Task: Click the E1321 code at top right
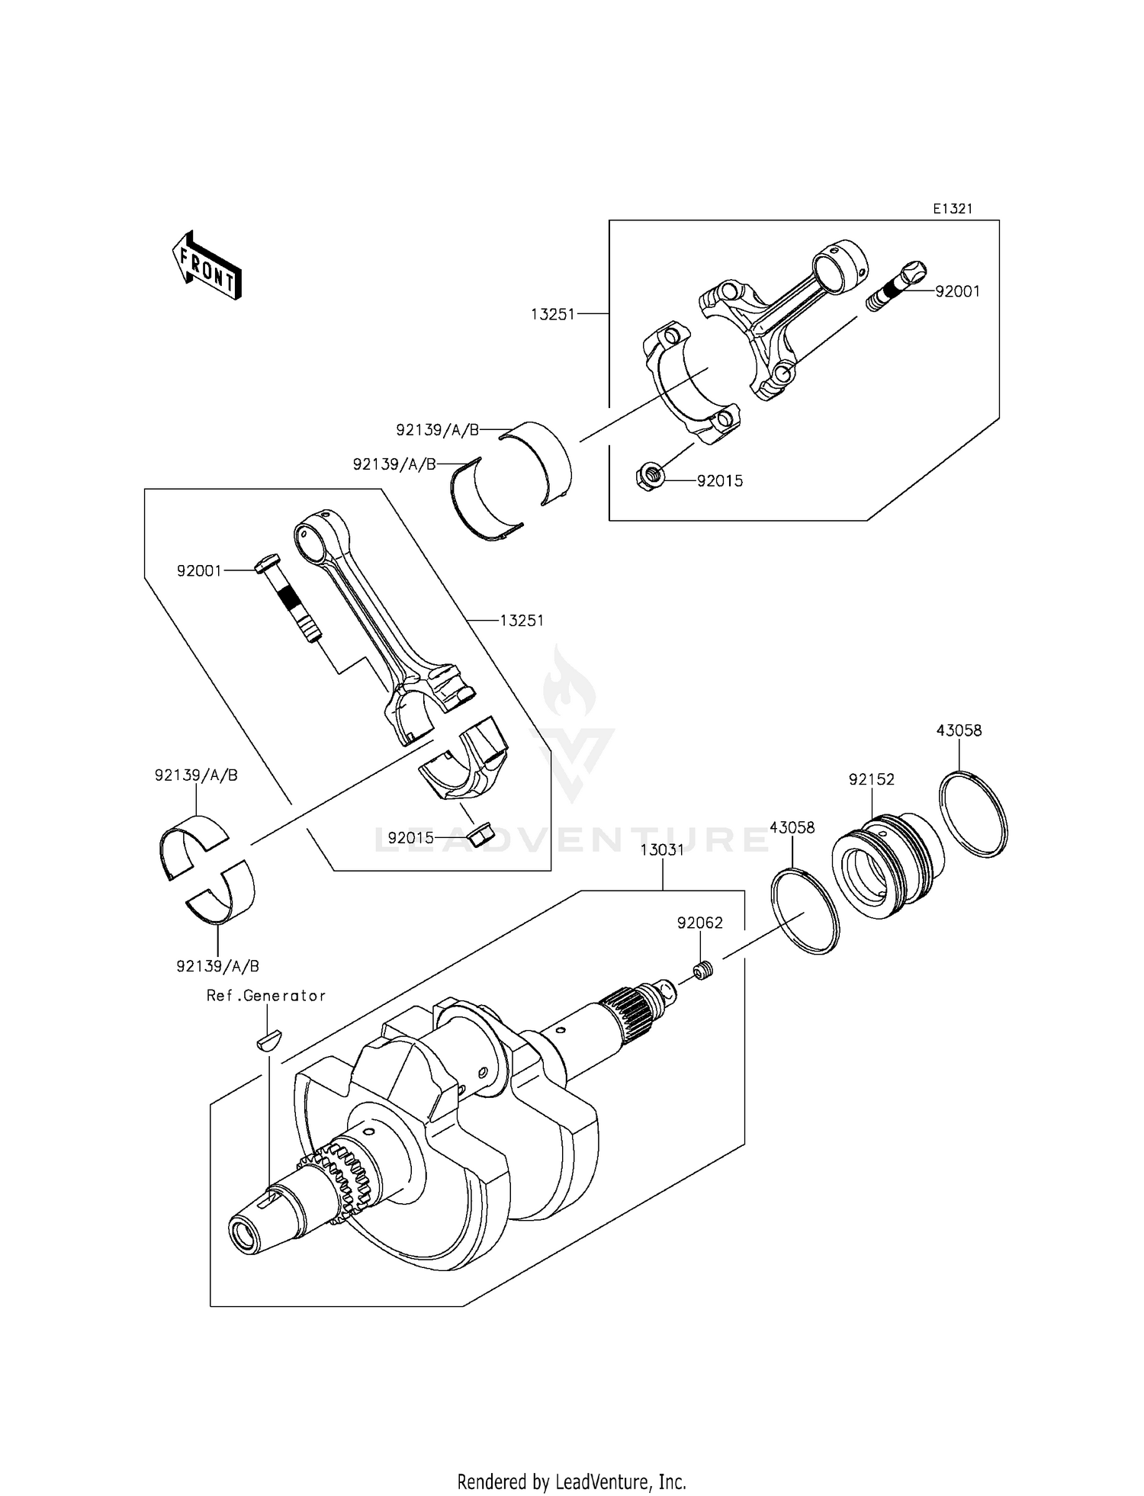953,209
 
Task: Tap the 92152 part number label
871,779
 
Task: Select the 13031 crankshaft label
661,850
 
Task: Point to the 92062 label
699,923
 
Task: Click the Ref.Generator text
266,996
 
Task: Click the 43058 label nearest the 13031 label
792,827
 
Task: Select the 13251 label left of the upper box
553,313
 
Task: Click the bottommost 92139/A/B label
218,966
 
